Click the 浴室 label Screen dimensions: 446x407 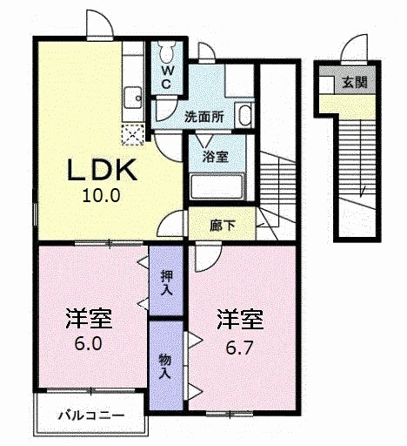[215, 157]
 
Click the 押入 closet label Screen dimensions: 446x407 [166, 280]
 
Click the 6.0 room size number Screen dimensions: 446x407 [88, 342]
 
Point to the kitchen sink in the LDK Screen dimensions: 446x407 [135, 97]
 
